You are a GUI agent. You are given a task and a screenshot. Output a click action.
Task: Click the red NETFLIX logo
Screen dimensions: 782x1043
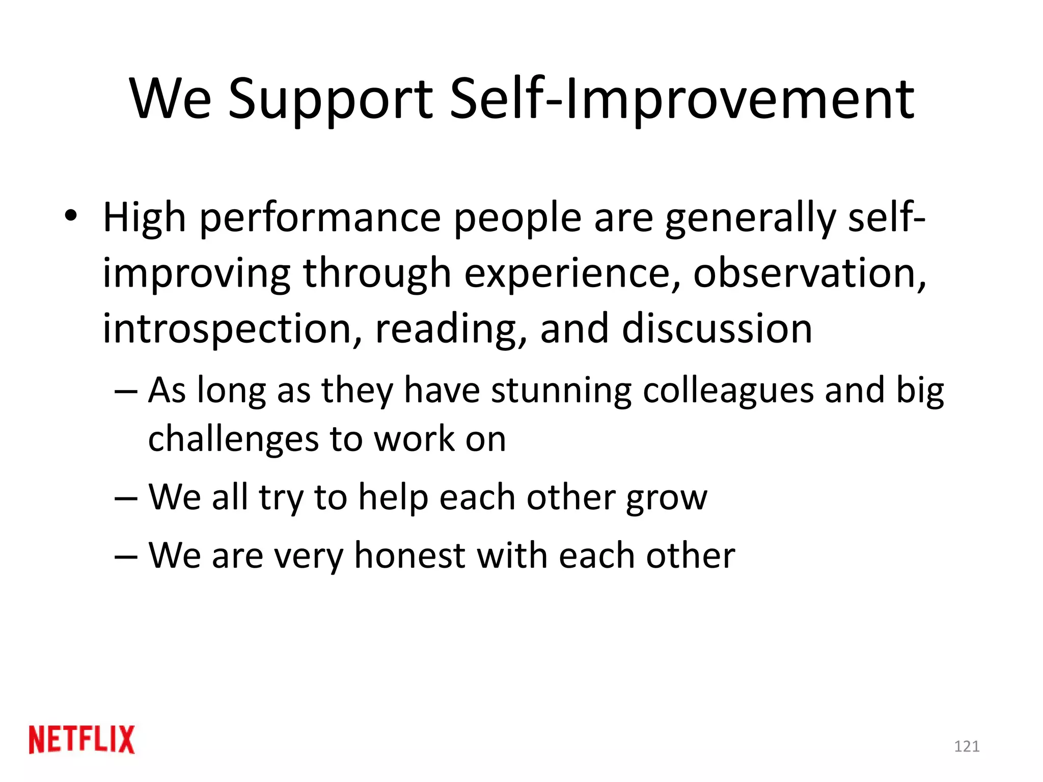(x=82, y=739)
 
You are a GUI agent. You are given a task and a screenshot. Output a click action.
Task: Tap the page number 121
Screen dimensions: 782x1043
(x=967, y=746)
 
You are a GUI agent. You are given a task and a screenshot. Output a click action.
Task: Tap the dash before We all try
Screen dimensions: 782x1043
(x=126, y=498)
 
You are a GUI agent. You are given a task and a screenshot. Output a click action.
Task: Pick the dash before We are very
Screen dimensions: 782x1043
(x=126, y=556)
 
